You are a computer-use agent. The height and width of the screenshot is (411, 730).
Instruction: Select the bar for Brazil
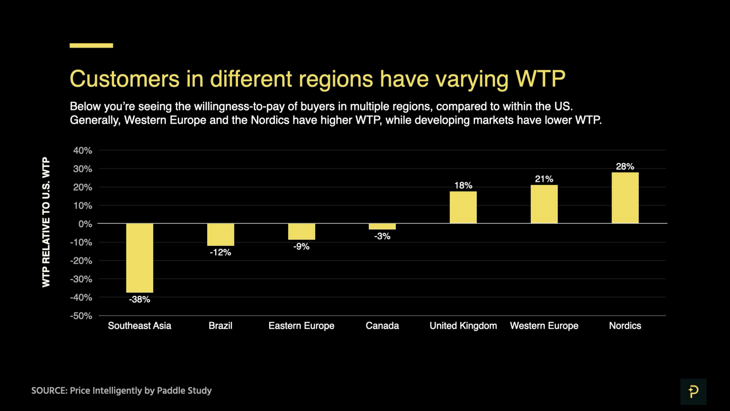(x=221, y=235)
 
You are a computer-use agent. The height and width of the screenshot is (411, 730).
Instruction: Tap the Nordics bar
(x=625, y=198)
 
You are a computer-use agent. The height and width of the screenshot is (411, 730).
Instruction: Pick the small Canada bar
(x=382, y=226)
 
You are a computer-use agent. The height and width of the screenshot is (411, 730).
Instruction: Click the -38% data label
(x=139, y=299)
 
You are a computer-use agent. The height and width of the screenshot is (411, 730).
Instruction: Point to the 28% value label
(x=625, y=166)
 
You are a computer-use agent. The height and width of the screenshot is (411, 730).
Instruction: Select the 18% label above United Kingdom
(x=463, y=186)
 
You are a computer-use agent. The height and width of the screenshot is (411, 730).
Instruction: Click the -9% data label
(x=301, y=246)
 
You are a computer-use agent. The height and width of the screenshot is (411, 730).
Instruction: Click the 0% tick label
(x=85, y=224)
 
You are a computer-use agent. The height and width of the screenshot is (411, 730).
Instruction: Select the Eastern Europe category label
(x=301, y=326)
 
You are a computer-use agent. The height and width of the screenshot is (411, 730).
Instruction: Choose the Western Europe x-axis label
(x=544, y=326)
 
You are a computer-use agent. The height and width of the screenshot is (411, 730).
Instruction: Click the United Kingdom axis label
(x=463, y=326)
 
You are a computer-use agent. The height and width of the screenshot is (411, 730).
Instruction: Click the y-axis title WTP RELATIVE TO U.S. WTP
(x=46, y=222)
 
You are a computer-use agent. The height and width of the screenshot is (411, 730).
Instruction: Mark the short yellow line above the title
(x=91, y=45)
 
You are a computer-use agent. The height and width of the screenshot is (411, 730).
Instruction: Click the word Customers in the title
(x=124, y=79)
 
